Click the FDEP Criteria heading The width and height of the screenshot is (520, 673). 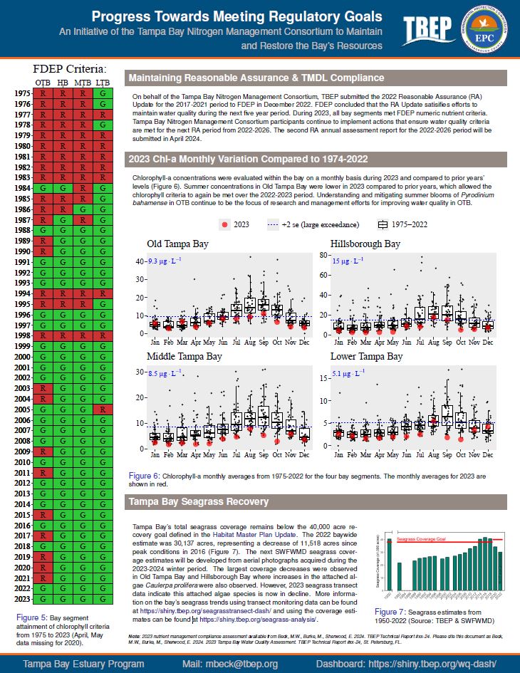pos(70,69)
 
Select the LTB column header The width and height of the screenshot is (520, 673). pos(103,83)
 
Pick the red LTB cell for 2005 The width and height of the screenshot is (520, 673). pos(103,409)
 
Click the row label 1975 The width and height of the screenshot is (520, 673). pos(21,93)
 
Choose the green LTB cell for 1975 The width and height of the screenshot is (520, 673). pos(103,93)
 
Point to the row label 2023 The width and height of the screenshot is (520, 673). pos(21,599)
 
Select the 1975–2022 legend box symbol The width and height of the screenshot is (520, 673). pos(383,224)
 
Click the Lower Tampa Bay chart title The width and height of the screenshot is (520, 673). pos(366,356)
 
